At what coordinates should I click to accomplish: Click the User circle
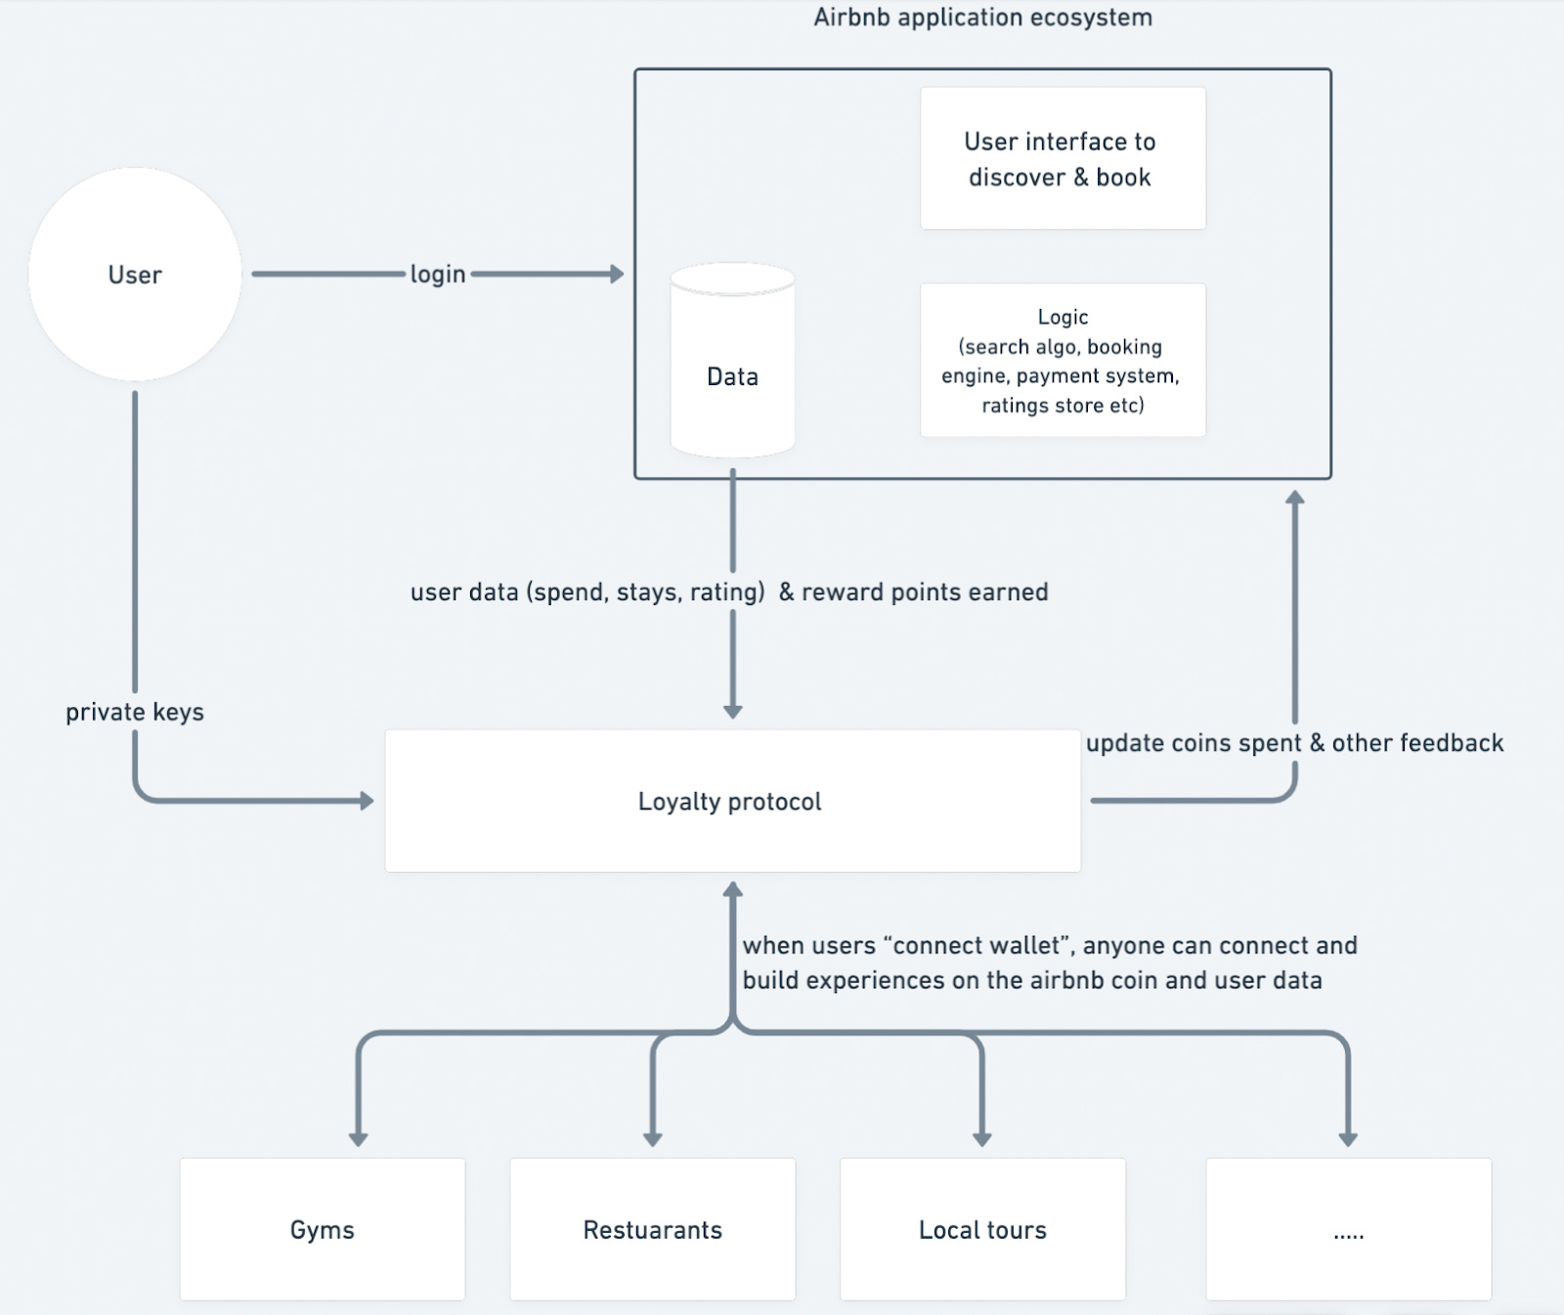click(135, 275)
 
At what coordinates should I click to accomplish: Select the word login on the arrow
click(437, 275)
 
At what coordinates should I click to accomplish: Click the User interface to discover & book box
click(1063, 159)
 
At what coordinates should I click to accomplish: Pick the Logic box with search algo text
click(1063, 361)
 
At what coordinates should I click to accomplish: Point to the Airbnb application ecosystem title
click(982, 18)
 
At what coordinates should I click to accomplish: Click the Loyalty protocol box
click(732, 801)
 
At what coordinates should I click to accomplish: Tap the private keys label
click(135, 712)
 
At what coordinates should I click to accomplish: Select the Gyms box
click(323, 1229)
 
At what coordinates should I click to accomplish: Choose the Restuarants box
click(652, 1229)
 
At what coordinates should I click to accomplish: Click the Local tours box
click(982, 1229)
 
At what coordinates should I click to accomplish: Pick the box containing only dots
click(1348, 1229)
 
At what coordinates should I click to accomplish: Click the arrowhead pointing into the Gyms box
click(359, 1139)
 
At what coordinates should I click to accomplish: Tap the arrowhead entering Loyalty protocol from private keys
click(368, 801)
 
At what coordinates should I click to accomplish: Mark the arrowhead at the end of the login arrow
click(617, 274)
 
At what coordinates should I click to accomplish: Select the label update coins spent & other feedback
click(1294, 743)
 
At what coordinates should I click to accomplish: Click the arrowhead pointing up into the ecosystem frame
click(1295, 497)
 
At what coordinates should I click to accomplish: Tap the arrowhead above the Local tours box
click(982, 1139)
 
